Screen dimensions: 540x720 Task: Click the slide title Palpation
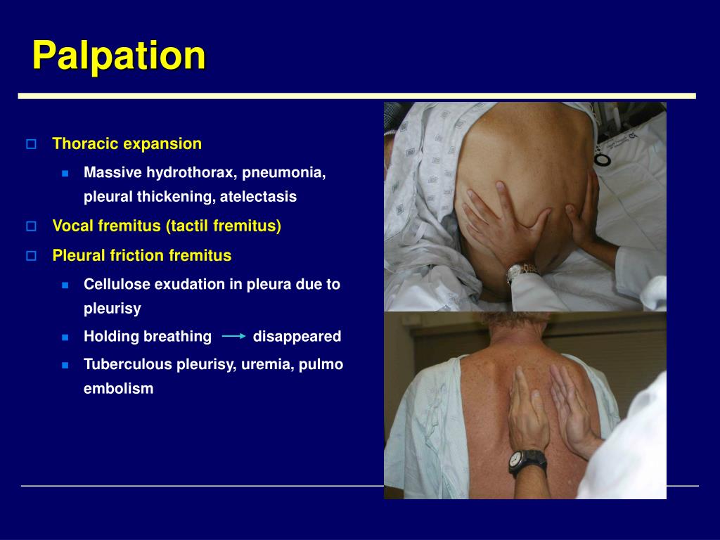coord(119,56)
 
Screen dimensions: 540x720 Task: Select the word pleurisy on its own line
coord(112,309)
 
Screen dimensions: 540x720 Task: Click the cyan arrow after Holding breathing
coord(233,337)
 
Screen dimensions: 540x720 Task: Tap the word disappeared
coord(297,337)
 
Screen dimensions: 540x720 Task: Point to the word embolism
coord(118,389)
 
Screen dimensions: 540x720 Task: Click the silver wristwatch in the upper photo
coord(522,270)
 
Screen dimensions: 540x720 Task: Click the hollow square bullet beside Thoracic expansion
coord(31,144)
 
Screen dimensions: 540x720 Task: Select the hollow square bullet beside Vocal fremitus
coord(31,226)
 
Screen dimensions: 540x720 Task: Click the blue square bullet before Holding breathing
coord(65,337)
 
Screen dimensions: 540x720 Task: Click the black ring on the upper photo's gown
coord(603,158)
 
